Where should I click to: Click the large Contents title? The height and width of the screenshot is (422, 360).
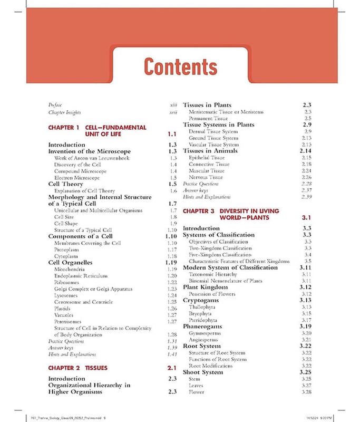click(180, 67)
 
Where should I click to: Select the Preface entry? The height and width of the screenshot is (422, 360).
click(55, 105)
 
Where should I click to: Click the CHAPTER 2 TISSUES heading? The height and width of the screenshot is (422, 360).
click(77, 368)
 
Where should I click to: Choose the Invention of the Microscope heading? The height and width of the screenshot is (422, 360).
click(89, 151)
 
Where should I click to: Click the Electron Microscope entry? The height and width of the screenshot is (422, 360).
click(76, 178)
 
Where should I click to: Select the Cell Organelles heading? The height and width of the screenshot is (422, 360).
click(70, 262)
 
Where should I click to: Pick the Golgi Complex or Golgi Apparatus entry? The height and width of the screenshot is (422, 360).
click(93, 289)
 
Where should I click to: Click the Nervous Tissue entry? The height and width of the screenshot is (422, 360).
click(207, 177)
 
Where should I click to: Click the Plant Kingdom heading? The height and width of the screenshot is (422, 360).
click(207, 287)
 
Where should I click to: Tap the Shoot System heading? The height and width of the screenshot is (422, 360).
click(203, 372)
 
